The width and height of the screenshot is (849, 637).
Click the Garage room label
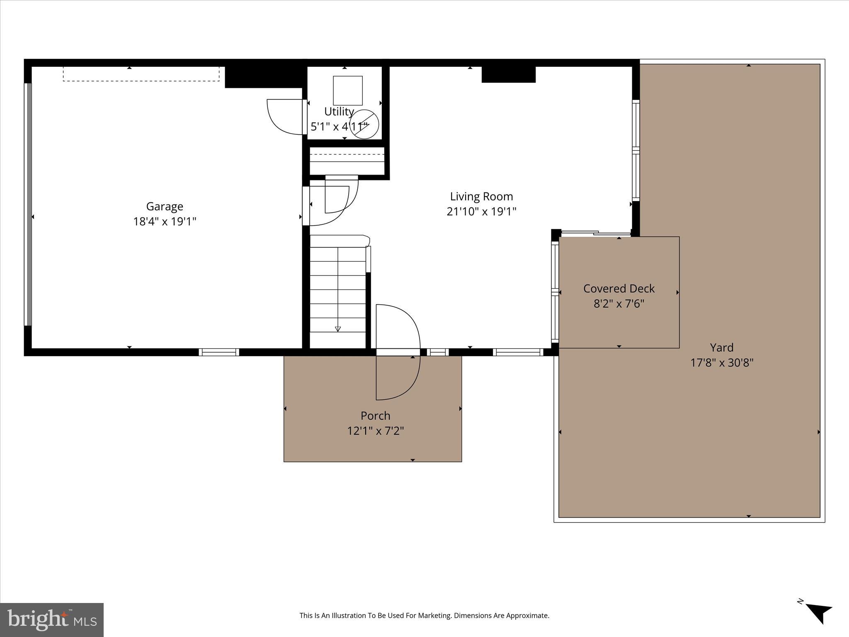click(165, 206)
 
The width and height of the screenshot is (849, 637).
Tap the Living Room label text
click(481, 196)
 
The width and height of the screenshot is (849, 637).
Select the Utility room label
click(339, 112)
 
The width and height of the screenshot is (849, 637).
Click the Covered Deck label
click(619, 288)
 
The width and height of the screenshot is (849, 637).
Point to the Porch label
click(375, 416)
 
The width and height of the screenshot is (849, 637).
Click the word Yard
click(721, 348)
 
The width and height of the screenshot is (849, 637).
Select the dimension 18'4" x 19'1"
click(165, 221)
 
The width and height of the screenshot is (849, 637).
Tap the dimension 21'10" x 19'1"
click(481, 212)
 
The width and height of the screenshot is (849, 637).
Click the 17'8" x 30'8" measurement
click(721, 363)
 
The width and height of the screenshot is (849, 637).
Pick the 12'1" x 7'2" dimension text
click(375, 431)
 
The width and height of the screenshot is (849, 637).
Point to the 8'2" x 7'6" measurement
click(619, 304)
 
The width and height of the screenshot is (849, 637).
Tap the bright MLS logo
click(52, 620)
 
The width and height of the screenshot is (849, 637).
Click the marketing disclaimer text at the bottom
click(424, 615)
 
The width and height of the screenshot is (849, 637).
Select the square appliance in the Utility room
click(348, 90)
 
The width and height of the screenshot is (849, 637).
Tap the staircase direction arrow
click(338, 328)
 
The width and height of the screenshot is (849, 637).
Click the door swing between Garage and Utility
click(285, 117)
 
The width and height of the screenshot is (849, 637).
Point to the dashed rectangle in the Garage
click(141, 74)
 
